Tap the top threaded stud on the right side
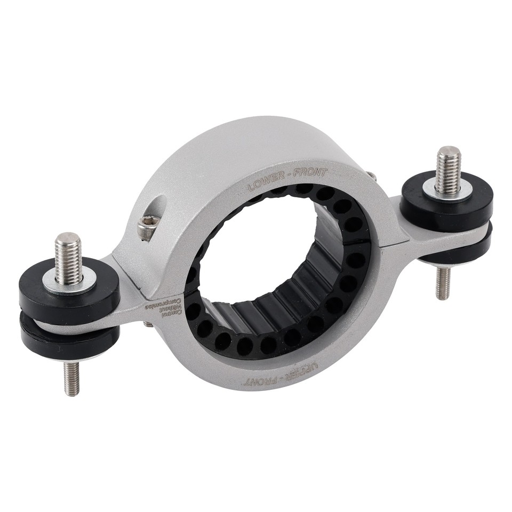pyautogui.click(x=447, y=170)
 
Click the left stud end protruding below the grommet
pyautogui.click(x=71, y=378)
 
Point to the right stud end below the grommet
pyautogui.click(x=442, y=283)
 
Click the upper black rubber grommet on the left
pyautogui.click(x=69, y=293)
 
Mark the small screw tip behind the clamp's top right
pyautogui.click(x=371, y=174)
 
